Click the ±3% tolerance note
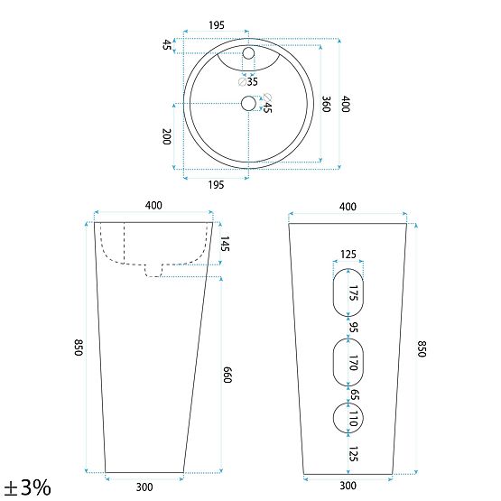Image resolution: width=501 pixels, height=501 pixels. [x=26, y=487]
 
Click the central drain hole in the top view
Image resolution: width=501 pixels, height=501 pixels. [x=247, y=104]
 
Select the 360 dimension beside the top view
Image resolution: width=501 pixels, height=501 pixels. [x=326, y=103]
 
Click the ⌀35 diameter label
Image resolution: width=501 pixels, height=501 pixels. [x=251, y=81]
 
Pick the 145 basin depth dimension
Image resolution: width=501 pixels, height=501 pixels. [x=225, y=244]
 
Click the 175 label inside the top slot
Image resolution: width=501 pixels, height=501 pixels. [x=354, y=292]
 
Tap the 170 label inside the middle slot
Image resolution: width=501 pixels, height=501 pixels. [x=354, y=365]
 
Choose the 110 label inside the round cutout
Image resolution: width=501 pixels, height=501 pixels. [x=354, y=417]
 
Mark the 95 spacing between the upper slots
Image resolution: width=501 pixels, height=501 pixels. [x=354, y=328]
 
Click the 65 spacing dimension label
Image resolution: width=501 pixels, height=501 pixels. [x=354, y=394]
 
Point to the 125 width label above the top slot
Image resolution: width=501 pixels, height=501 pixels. [x=348, y=255]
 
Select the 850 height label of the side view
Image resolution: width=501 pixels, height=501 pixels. [x=79, y=348]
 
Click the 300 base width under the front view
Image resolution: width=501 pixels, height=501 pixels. [x=348, y=487]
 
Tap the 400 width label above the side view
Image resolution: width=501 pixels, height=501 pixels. [x=153, y=206]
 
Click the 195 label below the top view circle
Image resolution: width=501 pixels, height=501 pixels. [x=216, y=184]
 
